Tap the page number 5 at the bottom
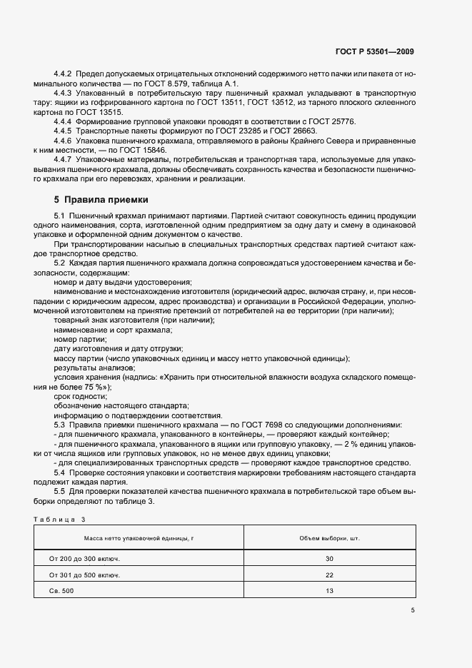pos(413,609)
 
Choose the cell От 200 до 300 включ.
pos(84,559)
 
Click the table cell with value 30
pos(329,559)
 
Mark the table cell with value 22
pos(329,575)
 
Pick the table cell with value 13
pos(329,591)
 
